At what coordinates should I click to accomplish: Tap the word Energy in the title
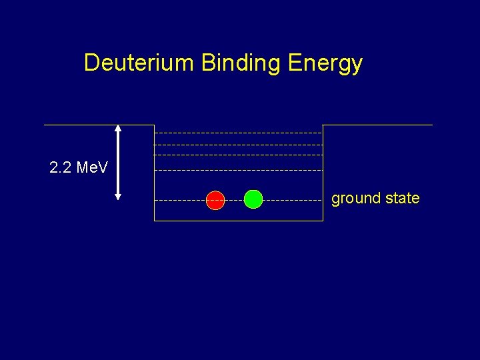click(x=325, y=64)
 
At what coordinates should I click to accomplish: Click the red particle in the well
click(x=215, y=200)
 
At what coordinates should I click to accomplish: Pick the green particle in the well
click(x=253, y=199)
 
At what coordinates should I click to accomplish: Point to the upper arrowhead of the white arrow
click(x=118, y=129)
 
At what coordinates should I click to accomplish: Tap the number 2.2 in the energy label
click(x=61, y=167)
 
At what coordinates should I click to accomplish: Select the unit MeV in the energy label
click(x=92, y=167)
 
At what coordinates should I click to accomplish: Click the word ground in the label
click(x=354, y=199)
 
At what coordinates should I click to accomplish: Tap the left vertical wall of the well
click(x=154, y=180)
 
